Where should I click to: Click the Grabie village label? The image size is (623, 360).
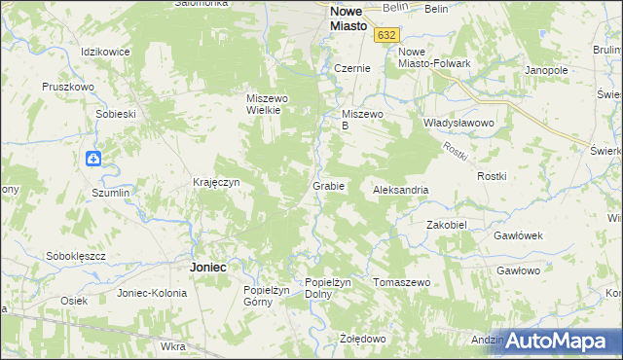pyautogui.click(x=327, y=185)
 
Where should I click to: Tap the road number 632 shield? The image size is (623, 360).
pyautogui.click(x=387, y=34)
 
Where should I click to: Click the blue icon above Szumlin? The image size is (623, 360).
pyautogui.click(x=92, y=159)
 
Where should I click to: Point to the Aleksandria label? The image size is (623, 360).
pyautogui.click(x=401, y=190)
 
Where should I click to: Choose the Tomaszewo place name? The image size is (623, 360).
pyautogui.click(x=402, y=282)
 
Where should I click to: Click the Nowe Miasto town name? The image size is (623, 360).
pyautogui.click(x=348, y=19)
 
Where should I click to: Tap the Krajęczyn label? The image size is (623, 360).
pyautogui.click(x=216, y=182)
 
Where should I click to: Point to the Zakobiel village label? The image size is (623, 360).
pyautogui.click(x=448, y=224)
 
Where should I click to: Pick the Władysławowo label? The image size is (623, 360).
pyautogui.click(x=459, y=124)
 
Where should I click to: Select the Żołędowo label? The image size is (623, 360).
pyautogui.click(x=363, y=339)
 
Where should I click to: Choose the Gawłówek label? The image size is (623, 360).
pyautogui.click(x=518, y=236)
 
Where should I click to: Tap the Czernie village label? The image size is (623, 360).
pyautogui.click(x=351, y=69)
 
